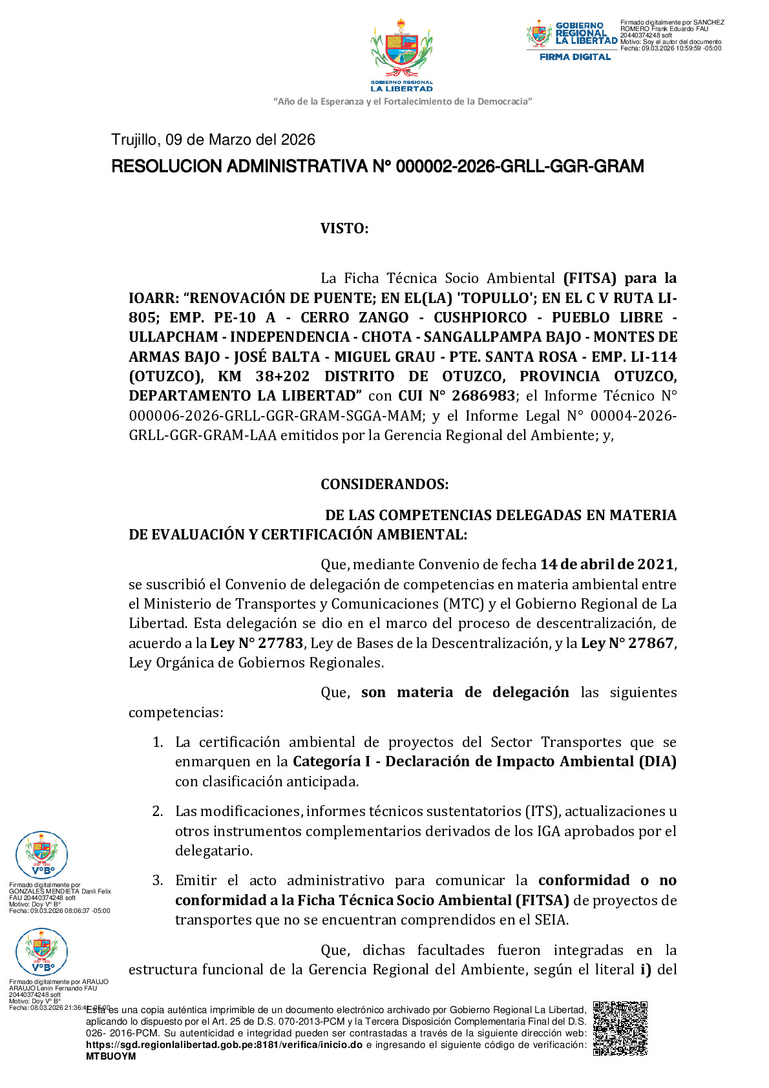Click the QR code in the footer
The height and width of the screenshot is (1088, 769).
click(x=620, y=1028)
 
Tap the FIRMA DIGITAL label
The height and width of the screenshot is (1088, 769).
click(x=575, y=57)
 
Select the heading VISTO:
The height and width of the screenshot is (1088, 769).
click(x=344, y=229)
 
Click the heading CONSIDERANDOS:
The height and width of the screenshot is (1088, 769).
click(x=384, y=485)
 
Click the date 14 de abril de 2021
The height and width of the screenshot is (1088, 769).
click(x=607, y=565)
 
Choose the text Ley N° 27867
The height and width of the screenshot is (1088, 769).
click(x=627, y=643)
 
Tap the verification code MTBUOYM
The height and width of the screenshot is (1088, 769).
click(x=111, y=1056)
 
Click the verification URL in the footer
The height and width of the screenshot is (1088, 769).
click(x=224, y=1045)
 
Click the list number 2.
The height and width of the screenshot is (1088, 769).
click(x=158, y=811)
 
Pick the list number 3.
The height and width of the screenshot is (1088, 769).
click(x=158, y=881)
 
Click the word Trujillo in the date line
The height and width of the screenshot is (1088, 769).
click(x=134, y=140)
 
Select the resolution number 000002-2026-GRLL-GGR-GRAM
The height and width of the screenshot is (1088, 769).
click(x=520, y=167)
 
